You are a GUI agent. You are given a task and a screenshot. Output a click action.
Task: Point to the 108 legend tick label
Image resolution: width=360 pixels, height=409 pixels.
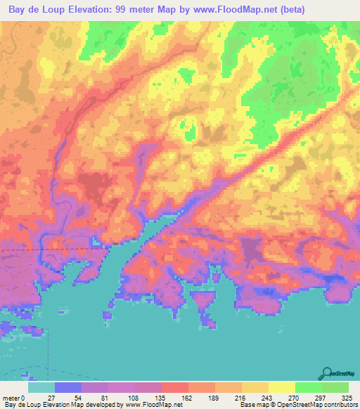136,397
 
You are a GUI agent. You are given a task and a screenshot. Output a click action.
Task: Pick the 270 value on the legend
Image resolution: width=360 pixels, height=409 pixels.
295,397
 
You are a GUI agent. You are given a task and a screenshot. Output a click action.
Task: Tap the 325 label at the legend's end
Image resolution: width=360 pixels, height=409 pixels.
345,397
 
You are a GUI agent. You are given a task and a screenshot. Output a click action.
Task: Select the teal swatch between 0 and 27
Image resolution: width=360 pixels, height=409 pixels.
41,387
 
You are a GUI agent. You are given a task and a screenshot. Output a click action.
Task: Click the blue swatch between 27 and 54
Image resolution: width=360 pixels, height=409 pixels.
68,387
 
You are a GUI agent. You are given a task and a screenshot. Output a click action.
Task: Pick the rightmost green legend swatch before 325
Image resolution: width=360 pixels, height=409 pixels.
335,387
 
